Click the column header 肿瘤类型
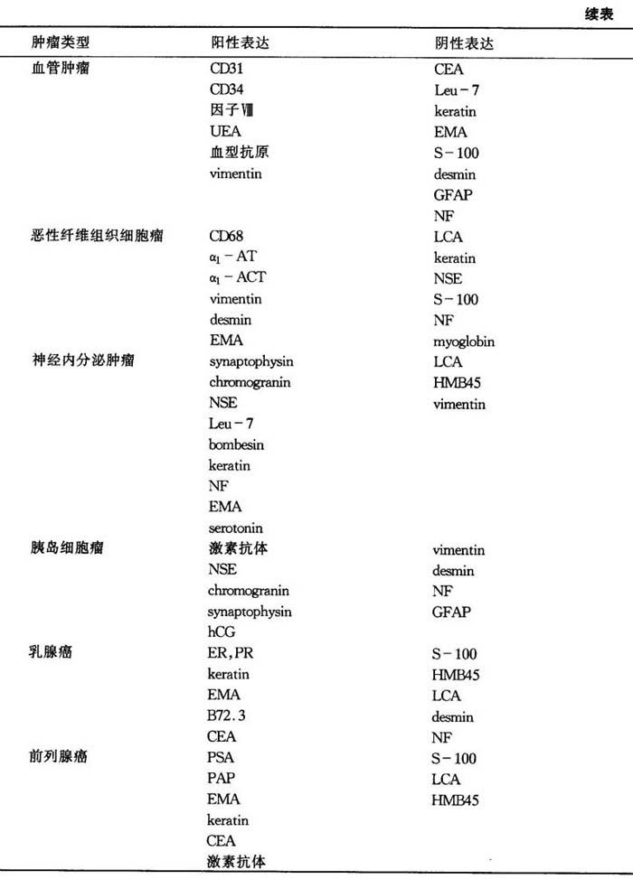[61, 43]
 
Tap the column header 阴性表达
[464, 43]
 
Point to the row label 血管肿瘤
[61, 68]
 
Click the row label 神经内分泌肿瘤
[79, 360]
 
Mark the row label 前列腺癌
[61, 758]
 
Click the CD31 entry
[226, 68]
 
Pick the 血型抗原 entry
[239, 152]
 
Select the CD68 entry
[226, 236]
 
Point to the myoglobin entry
[464, 341]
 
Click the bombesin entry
[237, 444]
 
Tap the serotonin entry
[236, 528]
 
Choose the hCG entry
[222, 632]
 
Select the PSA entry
[222, 758]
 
